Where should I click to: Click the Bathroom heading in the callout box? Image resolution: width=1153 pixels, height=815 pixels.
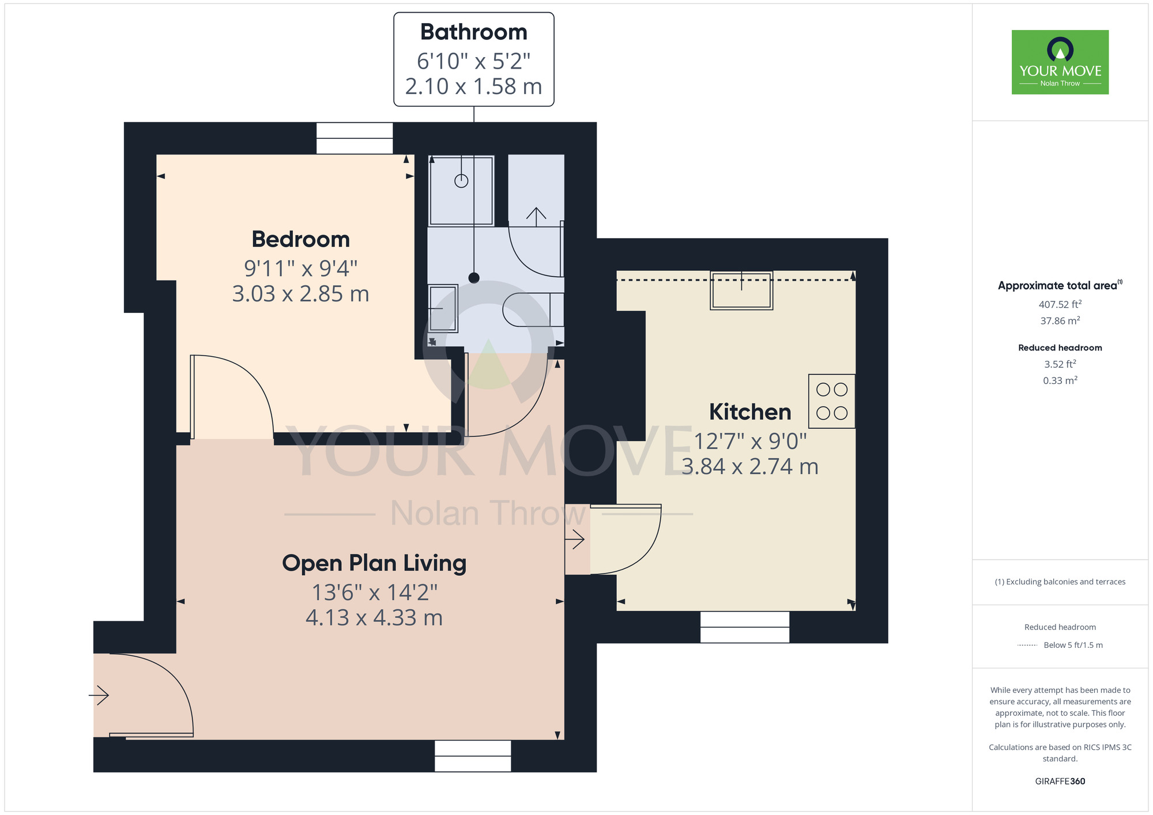coord(473,32)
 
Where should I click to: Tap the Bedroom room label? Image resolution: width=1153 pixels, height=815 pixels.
coord(300,239)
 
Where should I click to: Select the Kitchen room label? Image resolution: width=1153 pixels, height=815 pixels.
coord(749,412)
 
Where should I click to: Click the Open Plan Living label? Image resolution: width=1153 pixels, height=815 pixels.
coord(374,563)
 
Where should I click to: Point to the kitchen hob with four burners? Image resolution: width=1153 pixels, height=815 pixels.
coord(831,401)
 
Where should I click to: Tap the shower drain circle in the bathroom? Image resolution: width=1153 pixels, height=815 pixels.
coord(461,181)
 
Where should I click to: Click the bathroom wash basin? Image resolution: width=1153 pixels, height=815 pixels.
coord(443,308)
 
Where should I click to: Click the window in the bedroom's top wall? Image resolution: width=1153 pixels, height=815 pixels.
coord(355,138)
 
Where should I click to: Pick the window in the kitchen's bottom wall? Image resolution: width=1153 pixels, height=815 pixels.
coord(744,627)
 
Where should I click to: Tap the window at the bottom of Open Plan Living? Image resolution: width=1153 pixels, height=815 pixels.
coord(472,756)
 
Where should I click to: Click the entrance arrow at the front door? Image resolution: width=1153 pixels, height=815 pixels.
coord(99,695)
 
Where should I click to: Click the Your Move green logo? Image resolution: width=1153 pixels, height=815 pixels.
coord(1060,62)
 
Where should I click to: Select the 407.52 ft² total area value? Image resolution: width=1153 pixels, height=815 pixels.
coord(1060,304)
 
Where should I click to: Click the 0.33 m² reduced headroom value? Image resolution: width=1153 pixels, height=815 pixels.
coord(1060,380)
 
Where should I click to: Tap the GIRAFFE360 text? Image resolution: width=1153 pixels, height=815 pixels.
coord(1060,782)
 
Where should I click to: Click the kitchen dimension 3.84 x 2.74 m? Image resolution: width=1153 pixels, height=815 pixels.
coord(749,467)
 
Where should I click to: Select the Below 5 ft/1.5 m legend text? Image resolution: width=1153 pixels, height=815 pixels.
coord(1072,645)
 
